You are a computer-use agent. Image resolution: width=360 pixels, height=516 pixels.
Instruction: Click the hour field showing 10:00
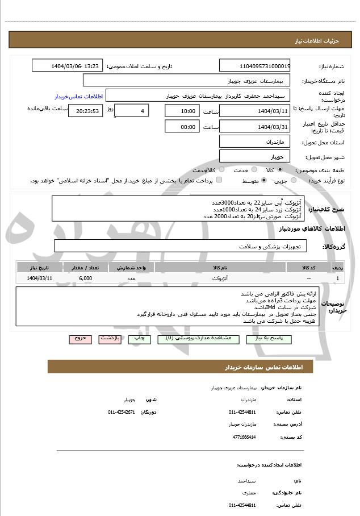182,111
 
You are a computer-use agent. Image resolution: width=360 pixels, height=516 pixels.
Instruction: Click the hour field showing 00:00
182,126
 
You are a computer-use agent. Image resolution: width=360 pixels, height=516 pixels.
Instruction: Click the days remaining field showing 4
132,110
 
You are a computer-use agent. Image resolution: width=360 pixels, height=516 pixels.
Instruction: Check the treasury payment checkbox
219,180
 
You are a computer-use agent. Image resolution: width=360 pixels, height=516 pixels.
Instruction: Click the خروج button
80,338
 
